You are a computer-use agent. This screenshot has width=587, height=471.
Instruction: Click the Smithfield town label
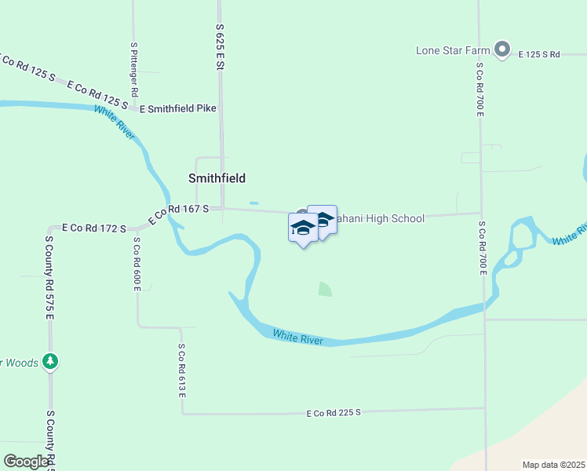click(x=217, y=178)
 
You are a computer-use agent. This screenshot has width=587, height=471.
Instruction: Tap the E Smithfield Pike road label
click(x=177, y=109)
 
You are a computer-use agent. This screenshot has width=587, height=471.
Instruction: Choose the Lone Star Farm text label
click(x=454, y=51)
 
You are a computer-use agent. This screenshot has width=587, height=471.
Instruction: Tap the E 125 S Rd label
click(x=539, y=54)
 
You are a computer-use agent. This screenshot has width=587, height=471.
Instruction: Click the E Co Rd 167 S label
click(x=178, y=213)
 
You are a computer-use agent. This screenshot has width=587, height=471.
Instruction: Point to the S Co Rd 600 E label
click(x=136, y=264)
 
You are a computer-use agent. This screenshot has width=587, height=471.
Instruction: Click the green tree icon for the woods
click(x=50, y=362)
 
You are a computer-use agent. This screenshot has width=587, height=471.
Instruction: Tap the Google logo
click(x=27, y=462)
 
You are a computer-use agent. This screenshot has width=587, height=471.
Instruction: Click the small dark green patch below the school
click(x=325, y=290)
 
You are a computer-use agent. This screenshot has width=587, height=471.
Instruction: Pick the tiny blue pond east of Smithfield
click(x=253, y=204)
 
